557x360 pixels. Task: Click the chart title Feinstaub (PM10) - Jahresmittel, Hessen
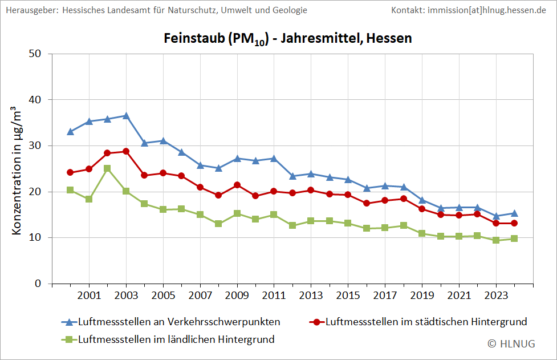pyautogui.click(x=287, y=39)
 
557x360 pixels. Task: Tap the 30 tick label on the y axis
pyautogui.click(x=36, y=146)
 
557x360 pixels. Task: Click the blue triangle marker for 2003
pyautogui.click(x=126, y=116)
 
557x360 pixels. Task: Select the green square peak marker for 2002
pyautogui.click(x=107, y=168)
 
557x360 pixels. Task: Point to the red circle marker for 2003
pyautogui.click(x=126, y=151)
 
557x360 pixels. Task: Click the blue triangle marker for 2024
pyautogui.click(x=514, y=213)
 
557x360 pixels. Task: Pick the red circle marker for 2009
pyautogui.click(x=237, y=185)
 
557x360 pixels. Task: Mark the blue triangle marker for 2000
pyautogui.click(x=70, y=132)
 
